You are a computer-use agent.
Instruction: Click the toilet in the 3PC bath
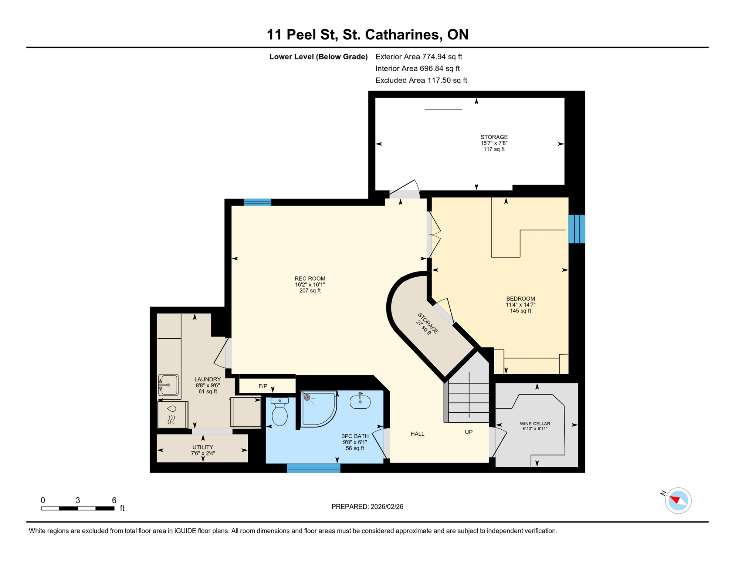(x=280, y=413)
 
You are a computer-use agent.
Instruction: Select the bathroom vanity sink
(x=360, y=402)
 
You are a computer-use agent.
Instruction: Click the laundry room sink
(x=169, y=385)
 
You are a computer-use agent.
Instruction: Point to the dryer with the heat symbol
(x=172, y=415)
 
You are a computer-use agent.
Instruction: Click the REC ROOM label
(x=310, y=278)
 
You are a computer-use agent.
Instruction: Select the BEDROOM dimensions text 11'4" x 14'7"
(x=520, y=305)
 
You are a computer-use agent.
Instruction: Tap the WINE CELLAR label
(x=535, y=424)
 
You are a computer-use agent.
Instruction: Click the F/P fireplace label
(x=263, y=386)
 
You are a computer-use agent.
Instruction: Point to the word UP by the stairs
(x=468, y=432)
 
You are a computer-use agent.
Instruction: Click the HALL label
(x=417, y=434)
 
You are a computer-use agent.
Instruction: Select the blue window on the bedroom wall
(x=576, y=229)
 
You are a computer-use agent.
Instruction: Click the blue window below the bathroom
(x=314, y=469)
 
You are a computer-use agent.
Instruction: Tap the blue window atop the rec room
(x=257, y=202)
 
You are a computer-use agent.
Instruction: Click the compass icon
(x=678, y=501)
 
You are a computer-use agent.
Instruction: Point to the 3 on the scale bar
(x=78, y=500)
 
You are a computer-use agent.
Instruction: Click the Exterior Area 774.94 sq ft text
(x=419, y=57)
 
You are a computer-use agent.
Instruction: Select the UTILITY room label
(x=203, y=447)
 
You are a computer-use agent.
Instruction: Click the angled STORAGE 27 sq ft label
(x=428, y=324)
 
